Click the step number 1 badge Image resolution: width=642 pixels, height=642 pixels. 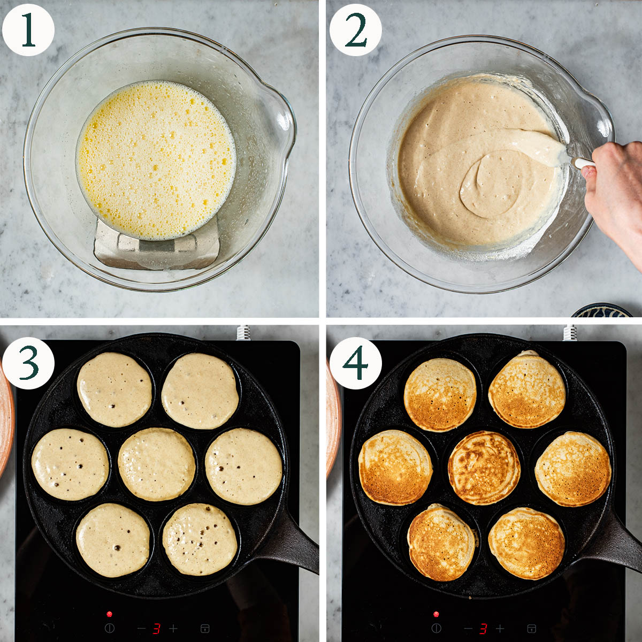[x=28, y=30]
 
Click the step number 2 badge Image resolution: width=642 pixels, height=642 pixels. [x=355, y=30]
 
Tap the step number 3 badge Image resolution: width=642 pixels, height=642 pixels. [x=28, y=363]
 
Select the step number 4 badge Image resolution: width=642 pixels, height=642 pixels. [x=355, y=363]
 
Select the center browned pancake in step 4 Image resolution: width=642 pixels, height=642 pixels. [x=484, y=468]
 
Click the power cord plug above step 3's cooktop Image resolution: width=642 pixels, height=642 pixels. [x=243, y=333]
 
